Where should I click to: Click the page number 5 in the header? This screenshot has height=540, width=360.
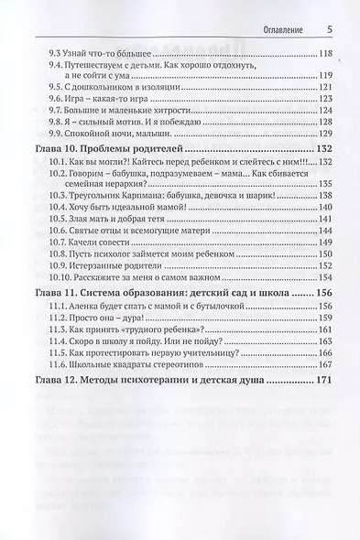click(x=328, y=28)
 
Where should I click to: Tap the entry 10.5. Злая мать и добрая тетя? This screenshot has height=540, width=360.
click(x=117, y=221)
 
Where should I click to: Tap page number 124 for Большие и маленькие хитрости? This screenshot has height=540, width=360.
click(x=323, y=107)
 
